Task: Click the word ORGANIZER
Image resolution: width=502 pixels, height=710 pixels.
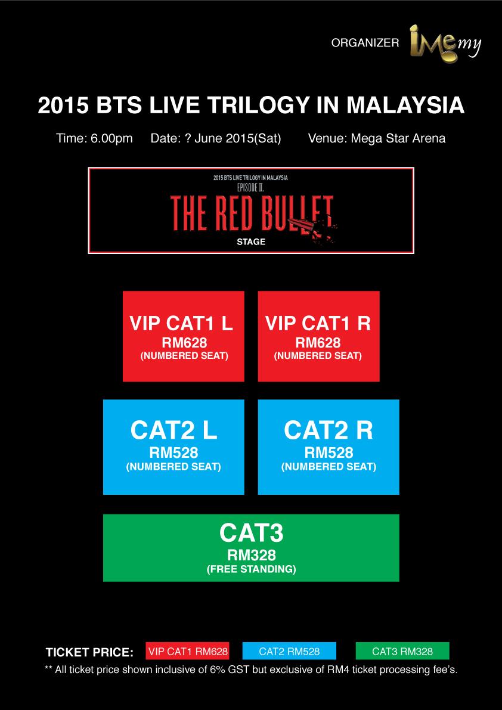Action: coord(365,43)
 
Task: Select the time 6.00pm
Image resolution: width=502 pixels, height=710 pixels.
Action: coord(111,138)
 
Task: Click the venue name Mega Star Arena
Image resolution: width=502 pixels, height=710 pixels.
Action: coord(398,138)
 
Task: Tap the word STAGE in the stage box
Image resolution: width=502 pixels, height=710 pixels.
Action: coord(251,242)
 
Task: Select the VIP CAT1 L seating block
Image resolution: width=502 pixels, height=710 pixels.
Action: coord(183,336)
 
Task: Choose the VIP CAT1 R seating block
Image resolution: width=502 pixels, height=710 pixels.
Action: coord(319,336)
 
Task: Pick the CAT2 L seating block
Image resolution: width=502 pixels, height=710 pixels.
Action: coord(174,447)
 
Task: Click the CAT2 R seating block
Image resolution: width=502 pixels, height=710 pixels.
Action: coord(329,447)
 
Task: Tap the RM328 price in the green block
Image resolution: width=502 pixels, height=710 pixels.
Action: coord(251,555)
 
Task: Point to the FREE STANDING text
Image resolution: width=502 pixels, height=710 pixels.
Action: coord(251,569)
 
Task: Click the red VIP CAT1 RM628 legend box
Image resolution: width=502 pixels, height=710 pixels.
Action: coord(188,651)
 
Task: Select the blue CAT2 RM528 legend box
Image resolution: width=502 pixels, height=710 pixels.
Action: coord(289,651)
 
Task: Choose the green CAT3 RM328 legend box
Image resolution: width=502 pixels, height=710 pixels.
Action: coord(402,651)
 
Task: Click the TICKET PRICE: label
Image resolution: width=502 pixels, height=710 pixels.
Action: coord(89,653)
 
